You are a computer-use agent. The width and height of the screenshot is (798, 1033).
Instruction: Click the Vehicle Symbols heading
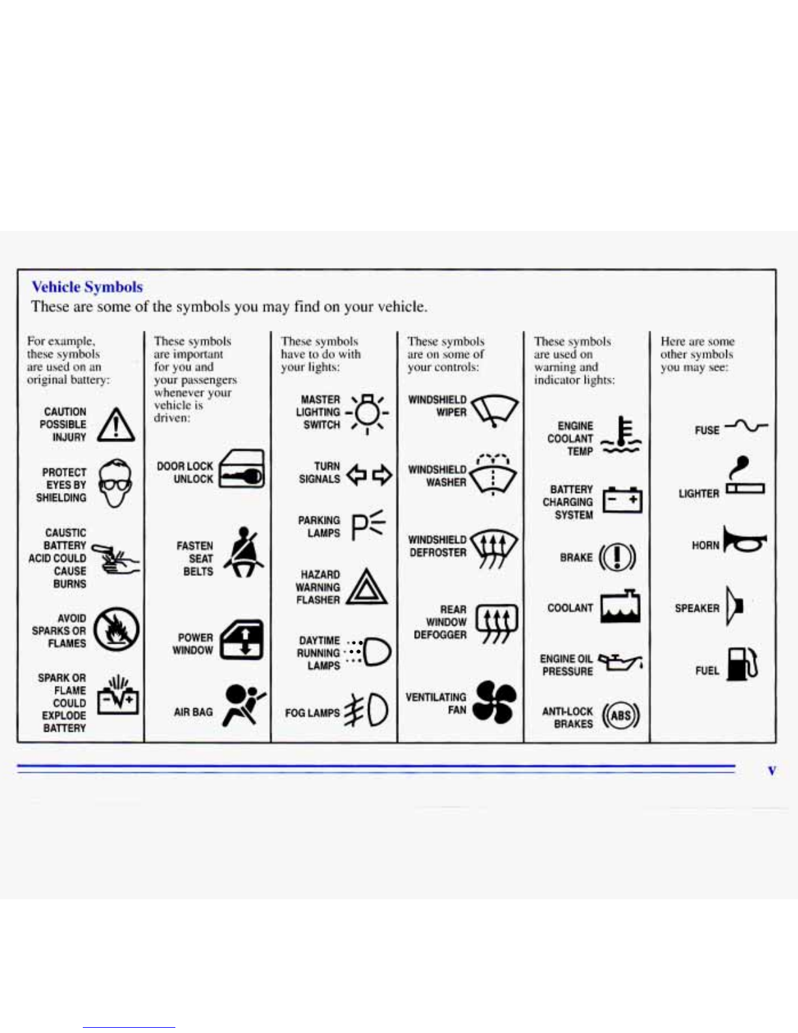[87, 287]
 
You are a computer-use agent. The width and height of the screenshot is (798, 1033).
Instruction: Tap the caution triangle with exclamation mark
[116, 425]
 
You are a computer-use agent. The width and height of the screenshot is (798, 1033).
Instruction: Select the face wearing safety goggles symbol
[115, 483]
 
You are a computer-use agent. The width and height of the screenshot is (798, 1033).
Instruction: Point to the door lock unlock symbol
[241, 469]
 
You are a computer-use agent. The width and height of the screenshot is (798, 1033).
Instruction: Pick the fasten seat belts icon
[243, 553]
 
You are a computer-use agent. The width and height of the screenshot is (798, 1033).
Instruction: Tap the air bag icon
[243, 705]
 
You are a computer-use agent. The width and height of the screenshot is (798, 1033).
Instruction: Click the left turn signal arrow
[356, 474]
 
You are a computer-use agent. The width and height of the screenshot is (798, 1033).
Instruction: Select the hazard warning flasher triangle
[366, 588]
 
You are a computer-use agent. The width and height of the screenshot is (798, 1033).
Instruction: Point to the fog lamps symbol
[369, 710]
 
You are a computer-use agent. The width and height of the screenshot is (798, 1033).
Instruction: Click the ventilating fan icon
[494, 702]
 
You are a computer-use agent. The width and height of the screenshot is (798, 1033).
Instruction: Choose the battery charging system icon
[622, 500]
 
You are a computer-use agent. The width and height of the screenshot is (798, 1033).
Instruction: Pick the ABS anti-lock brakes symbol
[621, 716]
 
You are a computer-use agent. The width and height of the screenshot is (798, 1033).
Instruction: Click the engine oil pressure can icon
[620, 663]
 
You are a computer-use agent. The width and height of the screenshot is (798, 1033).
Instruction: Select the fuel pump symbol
[742, 665]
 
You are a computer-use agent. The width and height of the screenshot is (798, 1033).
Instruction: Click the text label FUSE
[707, 430]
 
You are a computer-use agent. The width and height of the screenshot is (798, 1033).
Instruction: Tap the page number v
[772, 771]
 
